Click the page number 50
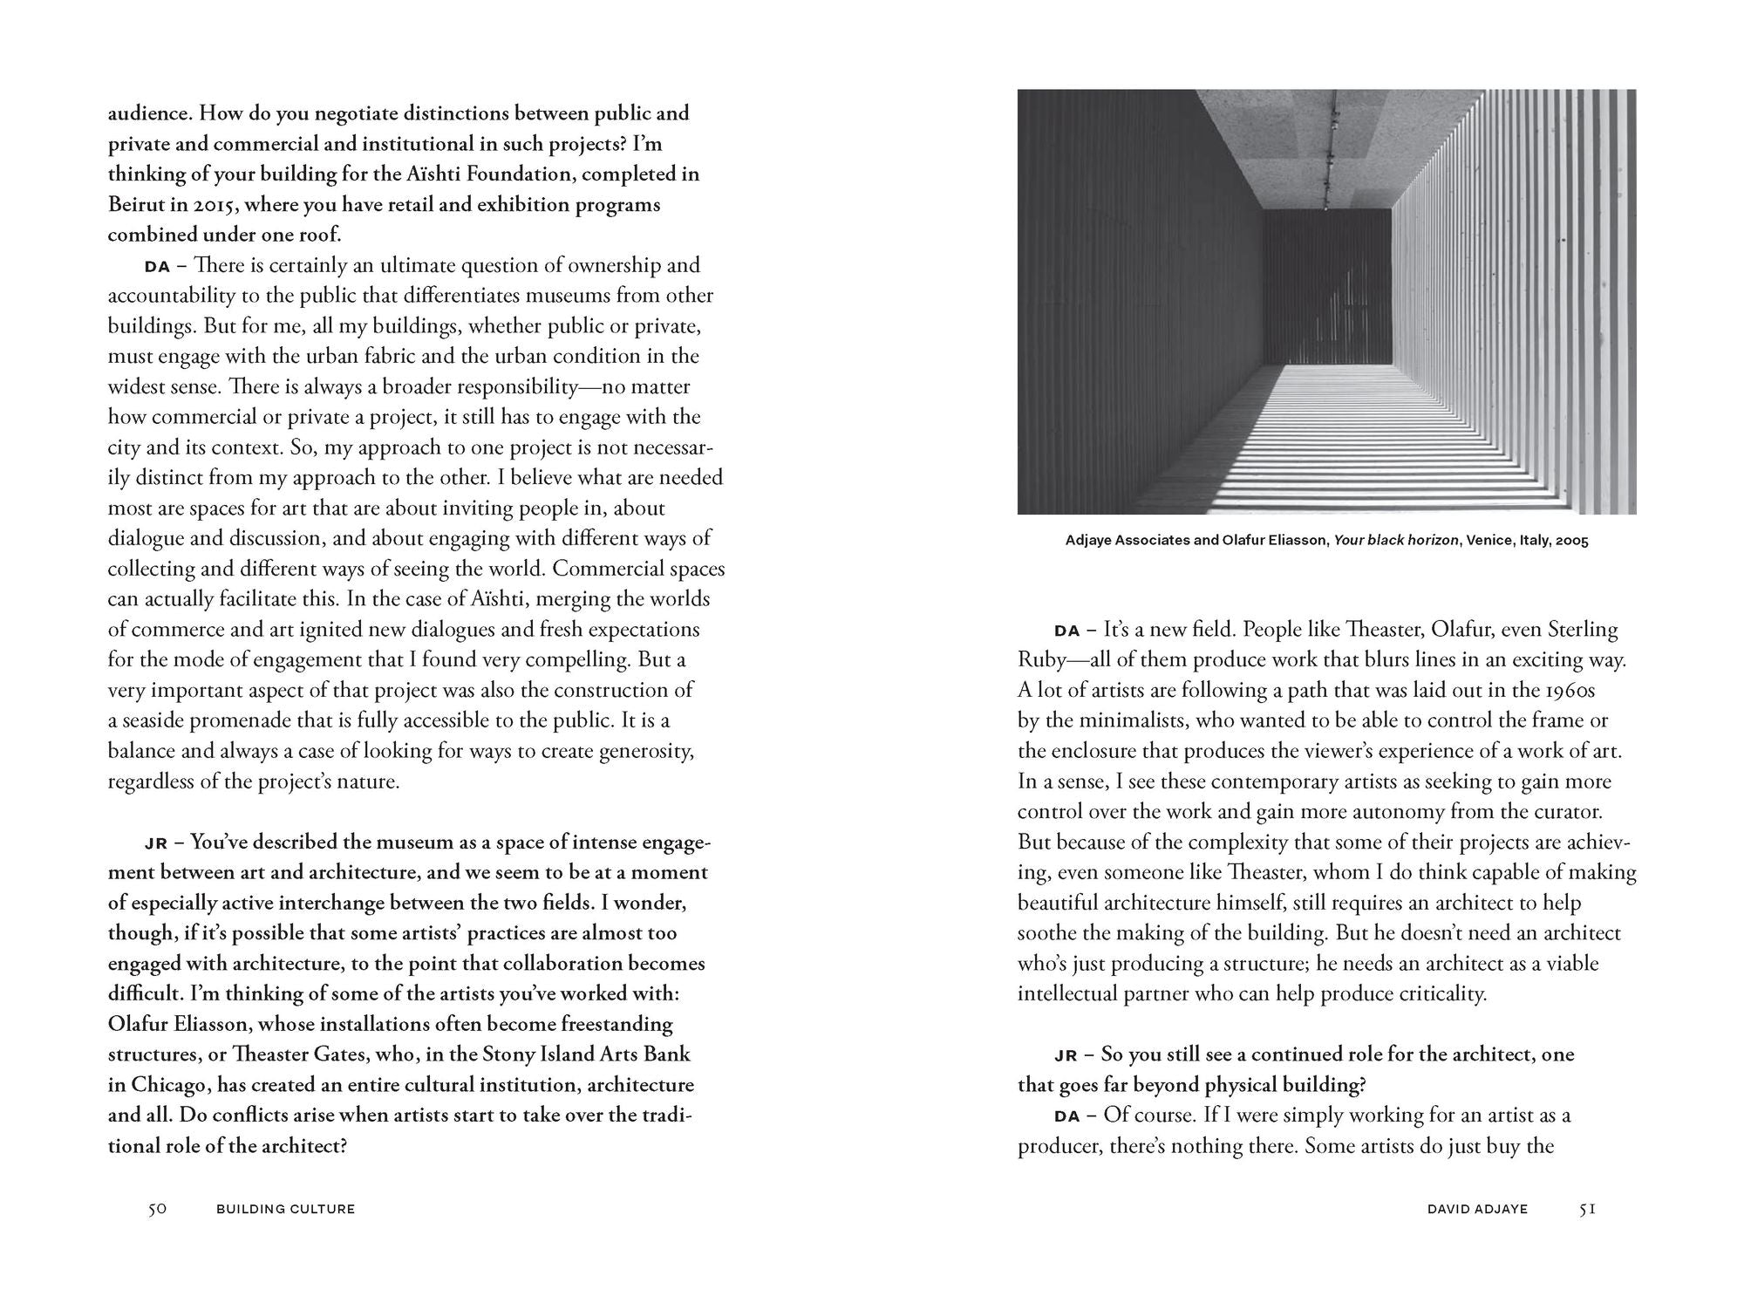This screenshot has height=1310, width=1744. tap(157, 1209)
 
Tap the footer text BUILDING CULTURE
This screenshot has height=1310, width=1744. tap(285, 1209)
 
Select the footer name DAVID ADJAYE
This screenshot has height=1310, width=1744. tap(1477, 1209)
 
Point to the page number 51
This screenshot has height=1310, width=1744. tap(1587, 1209)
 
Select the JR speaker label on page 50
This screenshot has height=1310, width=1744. tap(155, 843)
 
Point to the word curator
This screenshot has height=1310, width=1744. tap(1566, 811)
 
